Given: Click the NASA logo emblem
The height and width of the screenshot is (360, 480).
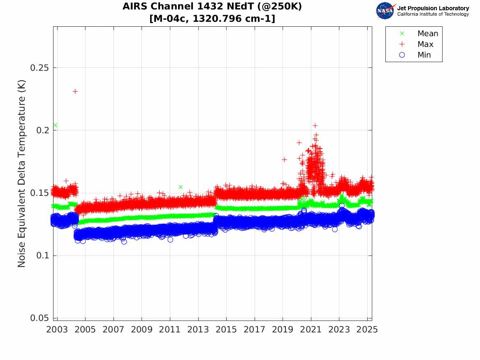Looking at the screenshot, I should pos(385,11).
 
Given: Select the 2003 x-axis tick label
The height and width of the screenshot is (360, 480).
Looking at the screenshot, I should pos(57,330).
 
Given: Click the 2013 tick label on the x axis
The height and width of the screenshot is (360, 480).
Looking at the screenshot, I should pos(198,330).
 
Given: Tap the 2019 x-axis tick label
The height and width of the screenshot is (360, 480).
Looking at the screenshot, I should pos(283,330).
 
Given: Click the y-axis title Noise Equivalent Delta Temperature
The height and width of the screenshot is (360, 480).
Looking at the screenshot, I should pos(22,173).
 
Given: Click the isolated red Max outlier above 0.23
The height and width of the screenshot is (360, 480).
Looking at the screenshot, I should pos(75,91).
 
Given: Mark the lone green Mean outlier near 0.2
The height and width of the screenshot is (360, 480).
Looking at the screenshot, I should pos(55,125).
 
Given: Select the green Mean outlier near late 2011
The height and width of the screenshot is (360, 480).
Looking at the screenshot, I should pos(180,187).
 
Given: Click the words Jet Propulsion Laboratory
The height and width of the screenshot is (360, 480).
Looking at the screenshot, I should pos(433,8).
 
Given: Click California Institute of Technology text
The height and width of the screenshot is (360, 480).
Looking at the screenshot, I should pos(433,14).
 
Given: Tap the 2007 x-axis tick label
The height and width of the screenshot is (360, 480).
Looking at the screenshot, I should pos(114,330).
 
